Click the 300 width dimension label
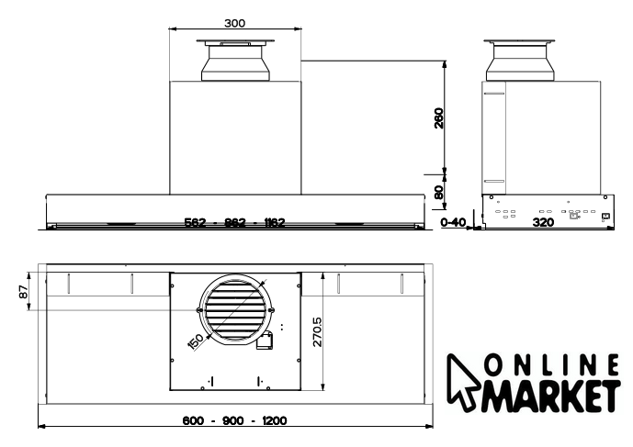click(x=234, y=23)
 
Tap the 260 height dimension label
click(x=439, y=117)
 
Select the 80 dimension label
click(x=439, y=192)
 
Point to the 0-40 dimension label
click(x=453, y=222)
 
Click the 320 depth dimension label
click(x=543, y=222)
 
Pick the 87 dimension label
click(x=24, y=292)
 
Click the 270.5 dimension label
click(x=317, y=331)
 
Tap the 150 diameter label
click(x=197, y=341)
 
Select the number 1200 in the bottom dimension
click(x=275, y=420)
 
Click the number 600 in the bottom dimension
click(x=193, y=420)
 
